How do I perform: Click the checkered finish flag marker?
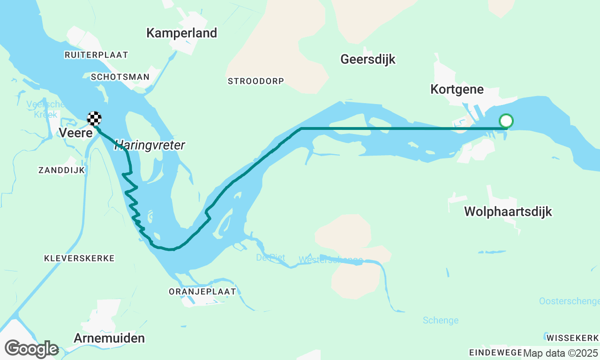tap(95, 119)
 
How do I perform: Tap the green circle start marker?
tap(506, 121)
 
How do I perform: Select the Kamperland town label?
tap(181, 33)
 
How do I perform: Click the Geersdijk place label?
tap(367, 60)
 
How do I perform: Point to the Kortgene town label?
tap(457, 89)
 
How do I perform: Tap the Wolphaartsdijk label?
tap(508, 211)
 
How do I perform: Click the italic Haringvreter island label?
tap(150, 145)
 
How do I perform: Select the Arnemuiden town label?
tap(109, 338)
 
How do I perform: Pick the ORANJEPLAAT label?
tap(202, 292)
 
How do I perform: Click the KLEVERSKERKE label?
tap(79, 258)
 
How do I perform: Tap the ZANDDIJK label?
tap(62, 170)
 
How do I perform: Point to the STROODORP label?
tap(255, 81)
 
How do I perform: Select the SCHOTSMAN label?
tap(120, 77)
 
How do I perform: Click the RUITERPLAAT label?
tap(96, 55)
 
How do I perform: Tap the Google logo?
tap(31, 349)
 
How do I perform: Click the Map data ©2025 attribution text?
tap(561, 353)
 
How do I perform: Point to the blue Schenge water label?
tap(440, 321)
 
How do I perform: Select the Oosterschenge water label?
tap(569, 301)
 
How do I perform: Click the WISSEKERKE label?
tap(572, 338)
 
